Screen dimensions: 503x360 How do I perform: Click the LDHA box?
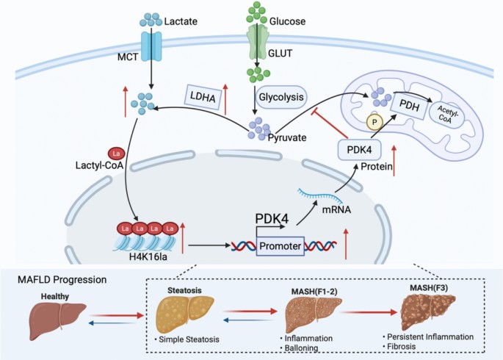pyautogui.click(x=203, y=96)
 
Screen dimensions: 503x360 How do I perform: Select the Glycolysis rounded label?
pyautogui.click(x=281, y=97)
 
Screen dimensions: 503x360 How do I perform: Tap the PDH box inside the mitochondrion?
pyautogui.click(x=410, y=105)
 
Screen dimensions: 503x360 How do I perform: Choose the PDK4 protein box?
pyautogui.click(x=359, y=150)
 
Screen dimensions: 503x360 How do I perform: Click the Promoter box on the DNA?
pyautogui.click(x=280, y=246)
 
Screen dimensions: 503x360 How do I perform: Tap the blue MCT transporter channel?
pyautogui.click(x=151, y=46)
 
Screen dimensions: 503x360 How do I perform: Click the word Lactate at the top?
pyautogui.click(x=181, y=21)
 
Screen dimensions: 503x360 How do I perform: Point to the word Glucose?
pyautogui.click(x=287, y=21)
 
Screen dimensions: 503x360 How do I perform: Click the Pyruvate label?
pyautogui.click(x=287, y=137)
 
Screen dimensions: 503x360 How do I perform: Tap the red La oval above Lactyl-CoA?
pyautogui.click(x=117, y=154)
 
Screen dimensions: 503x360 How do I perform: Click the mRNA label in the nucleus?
pyautogui.click(x=336, y=210)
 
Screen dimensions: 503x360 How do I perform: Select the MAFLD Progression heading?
pyautogui.click(x=62, y=279)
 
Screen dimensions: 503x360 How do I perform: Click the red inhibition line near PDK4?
pyautogui.click(x=330, y=125)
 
